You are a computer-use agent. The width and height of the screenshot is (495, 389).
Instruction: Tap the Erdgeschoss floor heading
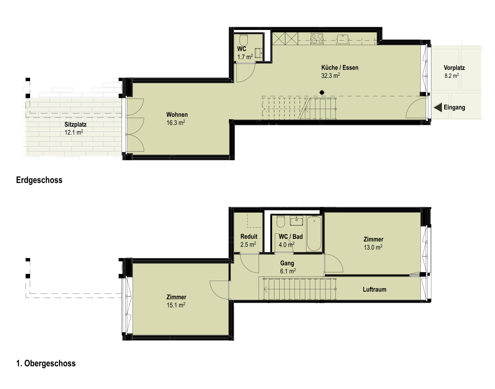pyautogui.click(x=39, y=180)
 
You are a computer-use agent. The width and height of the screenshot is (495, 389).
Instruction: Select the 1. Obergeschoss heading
pyautogui.click(x=46, y=363)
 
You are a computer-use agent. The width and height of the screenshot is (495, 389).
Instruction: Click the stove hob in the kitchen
pyautogui.click(x=317, y=39)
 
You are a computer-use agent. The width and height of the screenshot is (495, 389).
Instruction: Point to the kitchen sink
pyautogui.click(x=343, y=39)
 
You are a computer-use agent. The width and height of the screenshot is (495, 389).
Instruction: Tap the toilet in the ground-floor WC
pyautogui.click(x=244, y=40)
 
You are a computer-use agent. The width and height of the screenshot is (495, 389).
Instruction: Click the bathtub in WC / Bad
pyautogui.click(x=314, y=233)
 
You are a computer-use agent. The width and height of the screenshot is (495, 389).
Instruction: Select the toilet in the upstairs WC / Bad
pyautogui.click(x=281, y=222)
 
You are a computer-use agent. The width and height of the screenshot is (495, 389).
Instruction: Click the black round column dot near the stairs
pyautogui.click(x=322, y=93)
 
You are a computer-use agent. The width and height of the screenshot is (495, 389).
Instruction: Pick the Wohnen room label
pyautogui.click(x=177, y=114)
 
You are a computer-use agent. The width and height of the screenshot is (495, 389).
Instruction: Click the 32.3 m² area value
pyautogui.click(x=331, y=75)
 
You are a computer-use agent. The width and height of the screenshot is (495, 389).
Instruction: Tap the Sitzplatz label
pyautogui.click(x=75, y=125)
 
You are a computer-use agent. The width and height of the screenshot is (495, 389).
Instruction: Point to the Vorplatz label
pyautogui.click(x=454, y=68)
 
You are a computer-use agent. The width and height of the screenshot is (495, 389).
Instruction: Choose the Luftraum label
pyautogui.click(x=375, y=289)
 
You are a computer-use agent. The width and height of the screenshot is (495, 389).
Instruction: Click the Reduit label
pyautogui.click(x=249, y=236)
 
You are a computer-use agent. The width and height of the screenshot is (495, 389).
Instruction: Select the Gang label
pyautogui.click(x=287, y=263)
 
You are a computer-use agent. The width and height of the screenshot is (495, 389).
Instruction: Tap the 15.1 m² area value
pyautogui.click(x=176, y=305)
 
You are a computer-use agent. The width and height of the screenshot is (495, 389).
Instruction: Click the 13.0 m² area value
pyautogui.click(x=373, y=247)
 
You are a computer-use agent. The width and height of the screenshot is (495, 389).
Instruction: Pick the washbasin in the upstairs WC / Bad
pyautogui.click(x=296, y=221)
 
